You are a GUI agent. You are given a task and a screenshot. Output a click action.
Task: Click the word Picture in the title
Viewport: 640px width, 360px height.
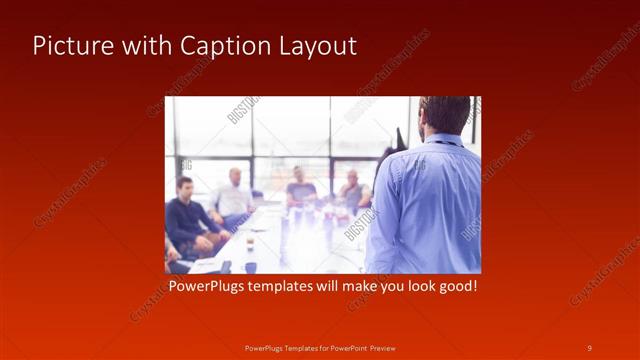click(x=67, y=46)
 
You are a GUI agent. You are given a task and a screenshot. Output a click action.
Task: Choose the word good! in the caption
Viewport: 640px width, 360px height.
click(x=455, y=287)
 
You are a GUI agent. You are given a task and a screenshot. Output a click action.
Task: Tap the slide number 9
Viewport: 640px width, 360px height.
click(x=589, y=347)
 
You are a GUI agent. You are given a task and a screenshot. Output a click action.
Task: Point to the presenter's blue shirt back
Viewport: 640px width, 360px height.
click(x=430, y=205)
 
